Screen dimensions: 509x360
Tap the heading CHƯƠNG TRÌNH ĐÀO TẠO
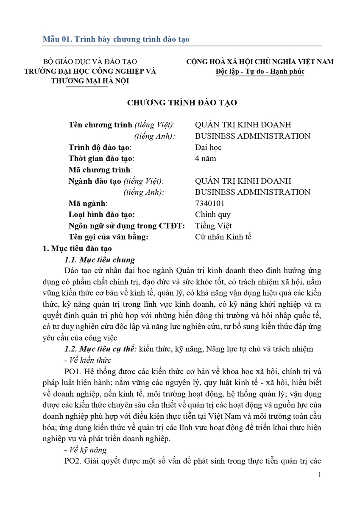coord(182,102)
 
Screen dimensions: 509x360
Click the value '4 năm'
coord(205,159)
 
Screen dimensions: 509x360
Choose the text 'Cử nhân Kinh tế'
coord(223,237)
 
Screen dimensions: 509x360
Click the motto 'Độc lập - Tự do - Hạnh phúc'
coord(260,71)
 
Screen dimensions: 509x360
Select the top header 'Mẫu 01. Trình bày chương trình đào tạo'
coord(116,39)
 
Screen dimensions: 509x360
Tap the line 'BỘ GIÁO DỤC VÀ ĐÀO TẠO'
coord(90,62)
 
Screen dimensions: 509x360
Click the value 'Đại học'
coord(208,148)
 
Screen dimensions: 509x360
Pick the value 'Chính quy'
coord(213,215)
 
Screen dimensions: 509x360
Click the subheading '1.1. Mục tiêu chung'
coord(99,260)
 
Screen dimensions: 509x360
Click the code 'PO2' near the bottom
coord(70,461)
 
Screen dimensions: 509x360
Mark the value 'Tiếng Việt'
coord(213,226)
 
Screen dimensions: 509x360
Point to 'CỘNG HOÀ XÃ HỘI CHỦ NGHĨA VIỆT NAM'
coord(260,62)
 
